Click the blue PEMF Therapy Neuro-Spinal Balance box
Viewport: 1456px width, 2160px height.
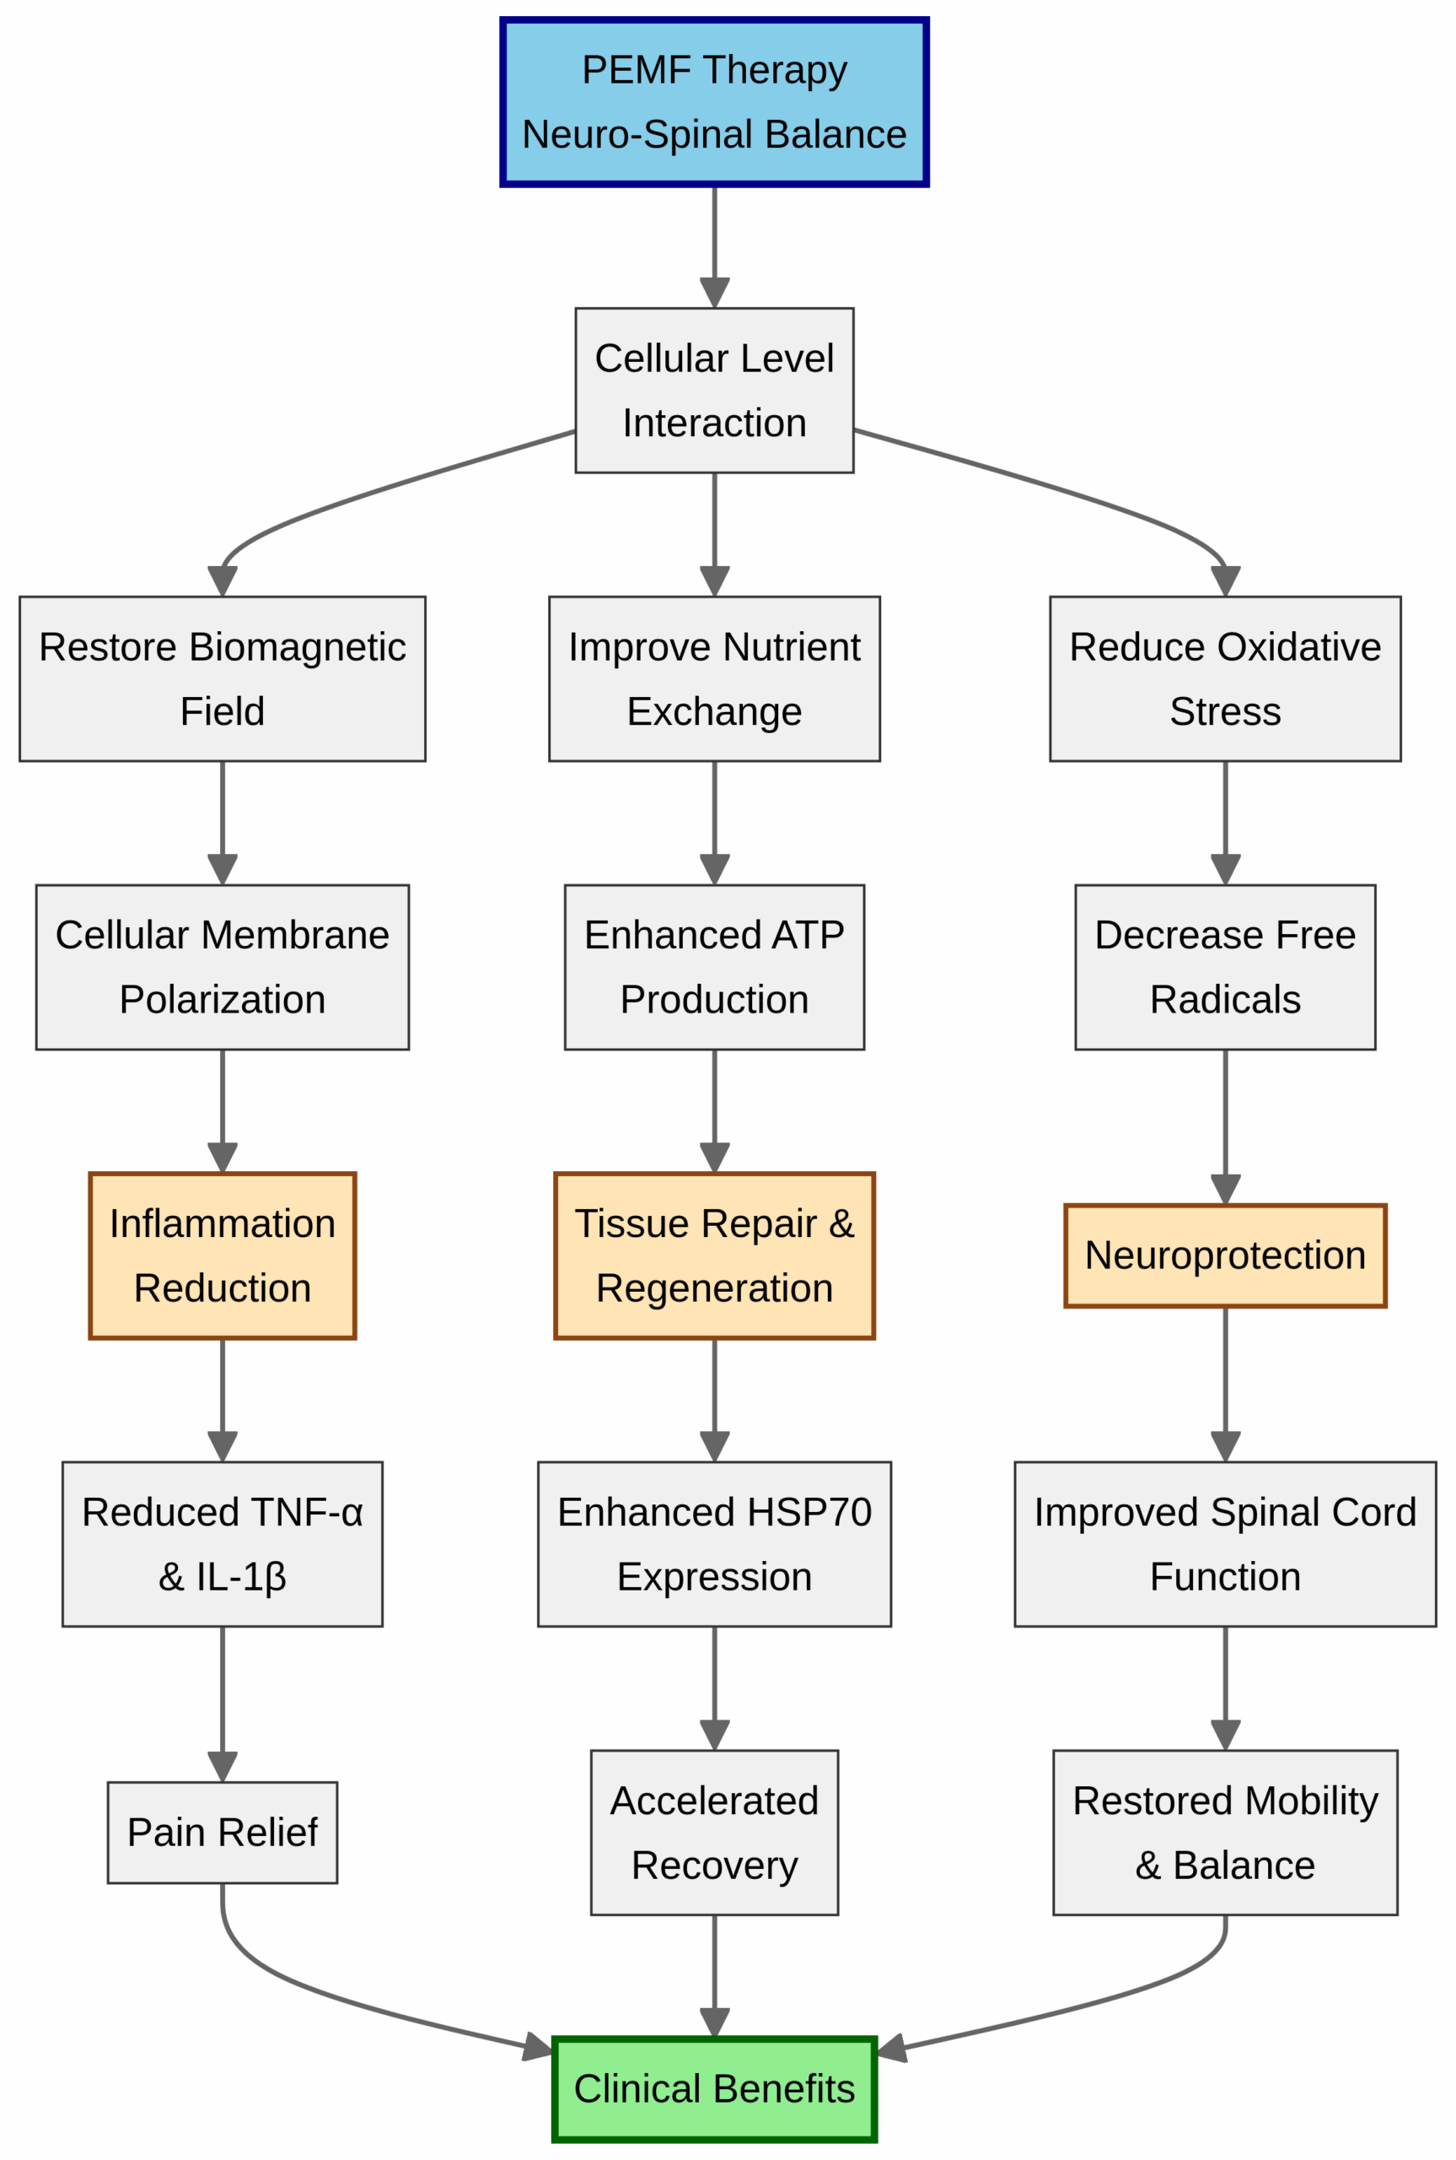[714, 102]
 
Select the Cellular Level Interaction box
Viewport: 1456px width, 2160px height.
[714, 390]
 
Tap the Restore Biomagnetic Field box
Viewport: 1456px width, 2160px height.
[222, 678]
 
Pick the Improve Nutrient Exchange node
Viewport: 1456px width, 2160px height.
[714, 678]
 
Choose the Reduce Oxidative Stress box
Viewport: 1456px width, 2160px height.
[1225, 678]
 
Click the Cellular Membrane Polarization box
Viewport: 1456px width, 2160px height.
[222, 967]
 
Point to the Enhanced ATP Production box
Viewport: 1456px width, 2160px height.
[714, 967]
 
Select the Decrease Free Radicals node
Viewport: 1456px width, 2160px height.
[1225, 967]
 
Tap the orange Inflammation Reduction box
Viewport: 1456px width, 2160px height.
[222, 1255]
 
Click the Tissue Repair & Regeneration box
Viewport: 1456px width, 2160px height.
[714, 1255]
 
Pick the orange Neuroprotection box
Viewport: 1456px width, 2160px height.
[1225, 1255]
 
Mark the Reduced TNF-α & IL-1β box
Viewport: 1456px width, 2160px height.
[222, 1544]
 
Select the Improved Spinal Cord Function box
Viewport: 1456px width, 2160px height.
[1225, 1544]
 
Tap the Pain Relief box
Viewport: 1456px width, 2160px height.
[222, 1832]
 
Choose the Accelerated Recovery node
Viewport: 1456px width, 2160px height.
[714, 1832]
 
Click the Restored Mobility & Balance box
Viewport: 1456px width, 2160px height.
[1225, 1832]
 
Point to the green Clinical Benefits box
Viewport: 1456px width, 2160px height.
[714, 2088]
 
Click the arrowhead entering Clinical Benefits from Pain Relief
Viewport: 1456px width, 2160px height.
[538, 2046]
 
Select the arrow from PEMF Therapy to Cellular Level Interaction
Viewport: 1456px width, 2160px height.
[714, 241]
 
